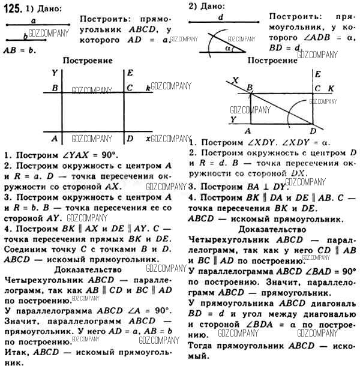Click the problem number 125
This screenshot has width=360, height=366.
click(x=13, y=8)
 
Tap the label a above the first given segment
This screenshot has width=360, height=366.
click(x=34, y=21)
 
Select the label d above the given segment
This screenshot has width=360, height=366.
click(x=221, y=17)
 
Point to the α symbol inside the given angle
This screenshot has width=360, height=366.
click(x=228, y=49)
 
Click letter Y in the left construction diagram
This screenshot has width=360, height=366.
click(x=55, y=73)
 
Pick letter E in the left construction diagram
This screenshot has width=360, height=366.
click(x=130, y=73)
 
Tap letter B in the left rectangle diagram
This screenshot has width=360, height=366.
click(x=55, y=88)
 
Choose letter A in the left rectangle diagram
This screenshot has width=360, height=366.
click(x=55, y=139)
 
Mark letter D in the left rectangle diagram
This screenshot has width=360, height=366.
click(x=130, y=139)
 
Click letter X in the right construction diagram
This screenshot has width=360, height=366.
click(x=235, y=80)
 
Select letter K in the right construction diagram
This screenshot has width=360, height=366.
click(x=331, y=88)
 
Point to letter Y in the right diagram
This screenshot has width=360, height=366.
click(x=233, y=119)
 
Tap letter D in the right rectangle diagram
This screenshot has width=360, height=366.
click(x=313, y=131)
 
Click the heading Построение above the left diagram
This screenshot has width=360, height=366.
click(x=88, y=61)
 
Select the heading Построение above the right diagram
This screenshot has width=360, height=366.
click(x=272, y=61)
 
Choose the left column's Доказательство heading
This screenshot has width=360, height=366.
click(x=88, y=269)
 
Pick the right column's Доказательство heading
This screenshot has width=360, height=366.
click(x=272, y=229)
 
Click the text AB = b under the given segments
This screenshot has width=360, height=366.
click(x=20, y=50)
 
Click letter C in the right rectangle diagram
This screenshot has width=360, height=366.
click(x=317, y=88)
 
